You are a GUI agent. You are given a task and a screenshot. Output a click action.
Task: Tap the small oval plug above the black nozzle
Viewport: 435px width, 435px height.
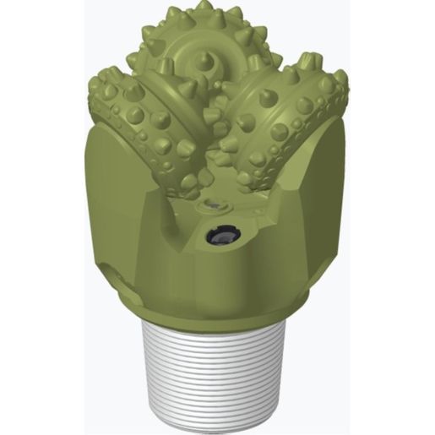pos(211,206)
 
